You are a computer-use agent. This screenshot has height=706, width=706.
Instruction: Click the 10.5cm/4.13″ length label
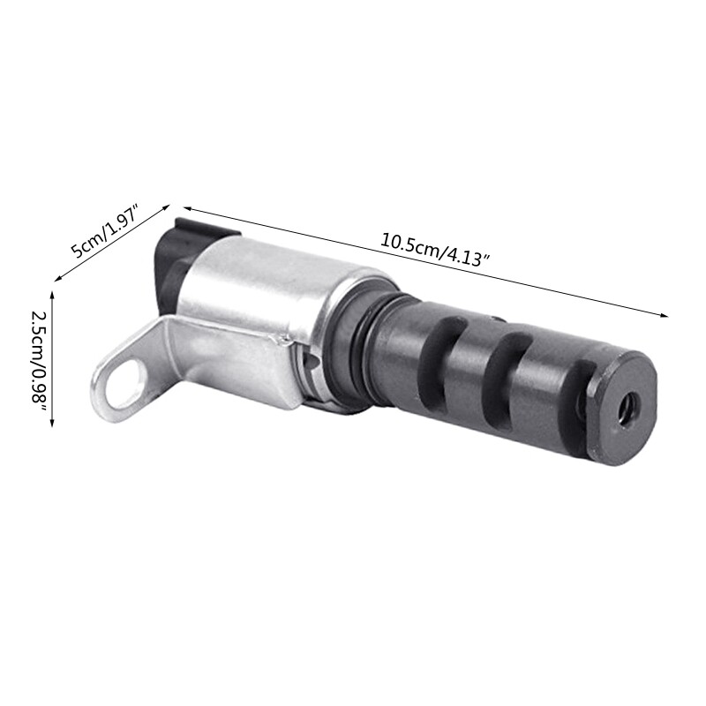(x=435, y=246)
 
